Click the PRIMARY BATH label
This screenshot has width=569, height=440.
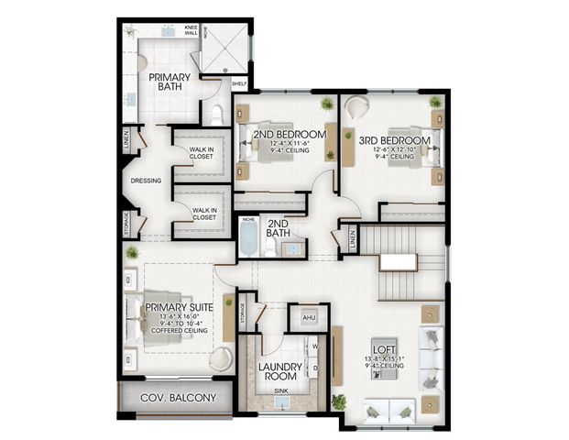[169, 82]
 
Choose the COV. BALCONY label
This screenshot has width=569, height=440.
[179, 398]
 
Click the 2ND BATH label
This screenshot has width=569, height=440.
[279, 228]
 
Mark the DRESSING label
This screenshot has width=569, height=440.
[147, 181]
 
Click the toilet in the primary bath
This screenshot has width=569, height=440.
[217, 113]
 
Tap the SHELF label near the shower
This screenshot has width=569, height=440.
[239, 83]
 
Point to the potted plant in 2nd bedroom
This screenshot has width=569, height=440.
[327, 103]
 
